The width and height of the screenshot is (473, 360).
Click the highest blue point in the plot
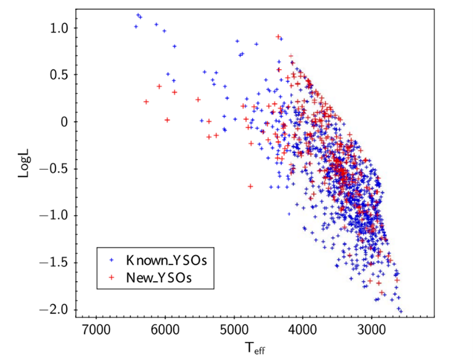pyautogui.click(x=138, y=15)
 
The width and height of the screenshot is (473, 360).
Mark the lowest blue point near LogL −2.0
pyautogui.click(x=401, y=312)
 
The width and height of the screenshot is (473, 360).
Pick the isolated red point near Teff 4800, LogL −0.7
pyautogui.click(x=250, y=186)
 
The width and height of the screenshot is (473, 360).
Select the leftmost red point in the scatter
pyautogui.click(x=146, y=101)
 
